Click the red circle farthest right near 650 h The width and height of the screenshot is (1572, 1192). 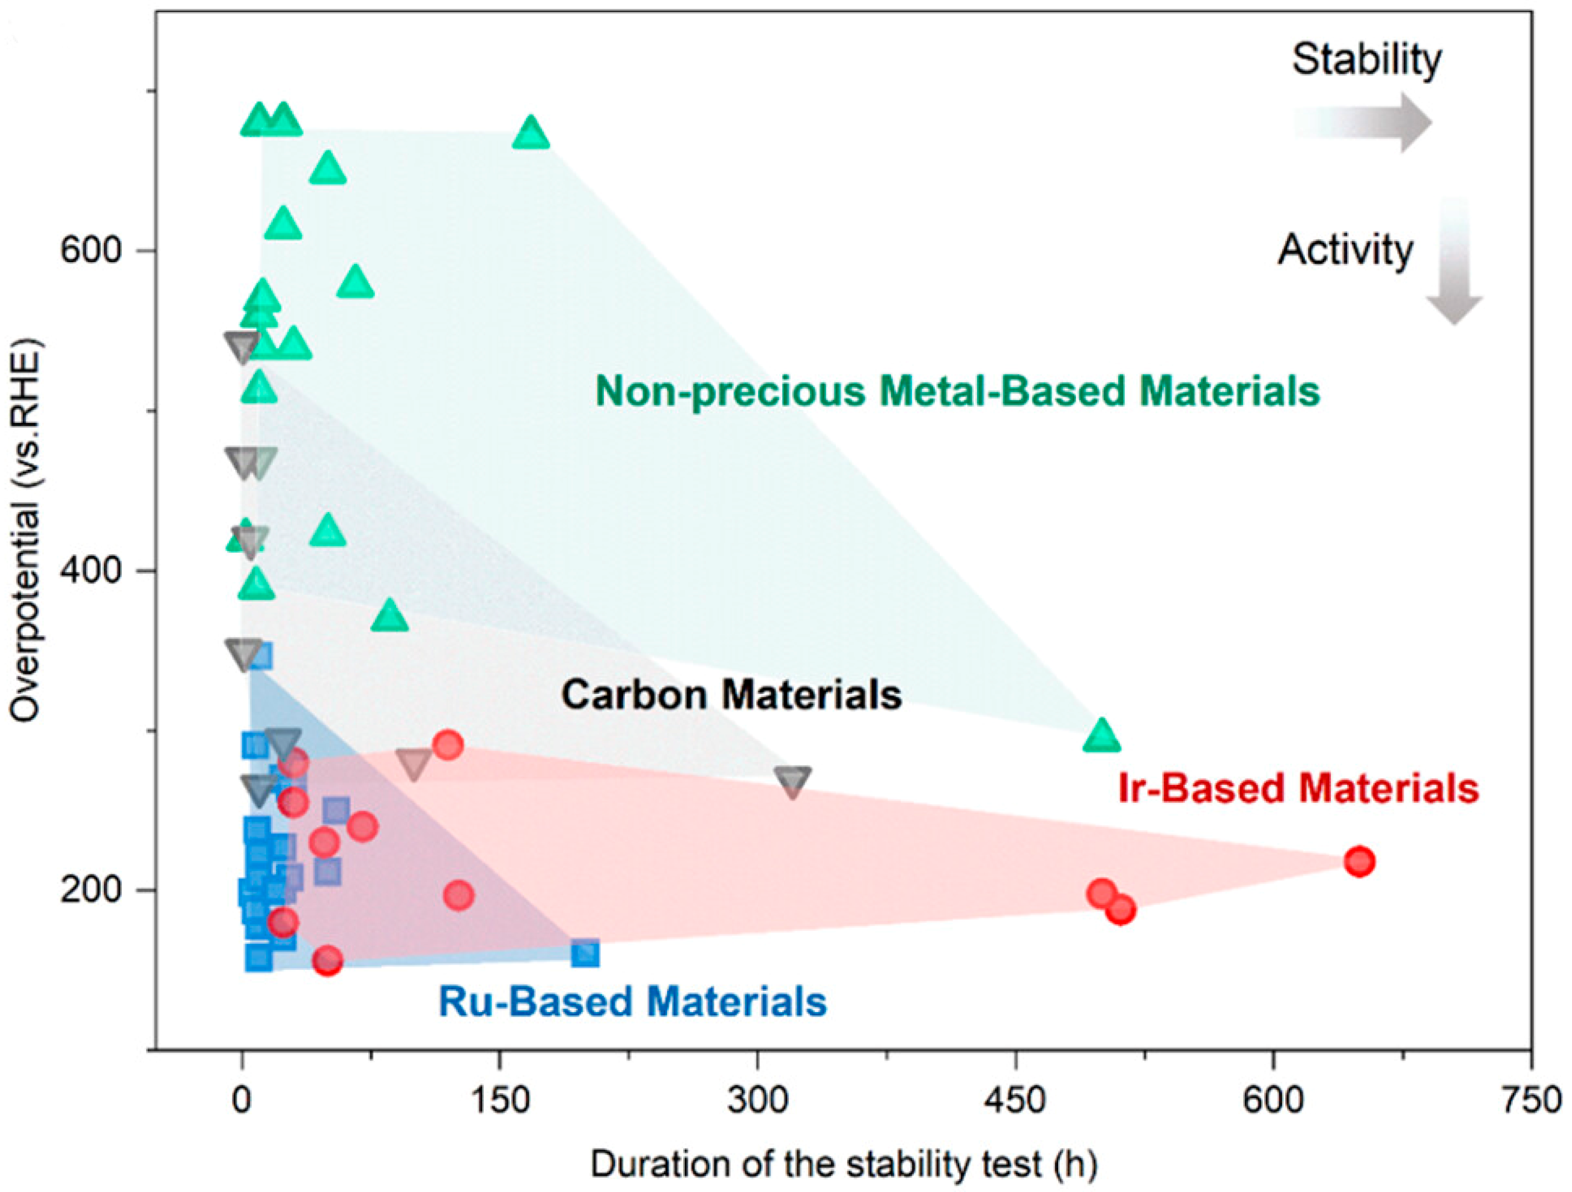pyautogui.click(x=1359, y=862)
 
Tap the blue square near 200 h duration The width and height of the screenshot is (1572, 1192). pyautogui.click(x=585, y=953)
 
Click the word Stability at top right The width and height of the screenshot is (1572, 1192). pyautogui.click(x=1366, y=59)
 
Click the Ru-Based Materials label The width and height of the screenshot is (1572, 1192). pyautogui.click(x=633, y=1001)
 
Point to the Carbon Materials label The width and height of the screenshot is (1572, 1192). pyautogui.click(x=731, y=694)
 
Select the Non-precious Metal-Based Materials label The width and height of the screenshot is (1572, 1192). pyautogui.click(x=957, y=391)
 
